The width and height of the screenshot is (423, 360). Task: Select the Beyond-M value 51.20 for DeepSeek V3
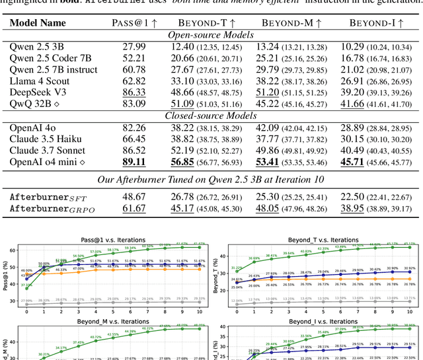[x=268, y=92]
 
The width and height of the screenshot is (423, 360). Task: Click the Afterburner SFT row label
[x=48, y=197]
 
